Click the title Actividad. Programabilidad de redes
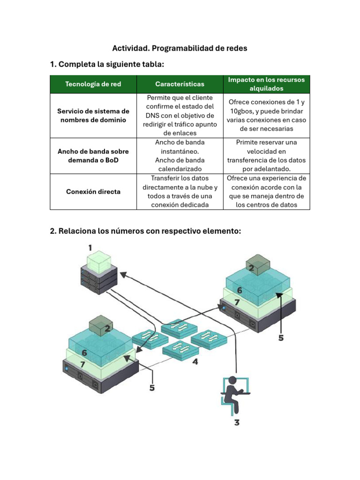pyautogui.click(x=180, y=48)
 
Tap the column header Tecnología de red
pyautogui.click(x=93, y=84)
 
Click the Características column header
pyautogui.click(x=180, y=84)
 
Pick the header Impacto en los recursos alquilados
pyautogui.click(x=266, y=84)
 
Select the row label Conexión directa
pyautogui.click(x=93, y=191)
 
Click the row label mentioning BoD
pyautogui.click(x=93, y=156)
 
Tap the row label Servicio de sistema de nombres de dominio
pyautogui.click(x=93, y=115)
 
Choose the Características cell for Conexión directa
pyautogui.click(x=180, y=191)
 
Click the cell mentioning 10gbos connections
pyautogui.click(x=266, y=115)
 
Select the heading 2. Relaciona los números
pyautogui.click(x=145, y=231)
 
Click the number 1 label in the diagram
pyautogui.click(x=90, y=247)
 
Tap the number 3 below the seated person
pyautogui.click(x=237, y=422)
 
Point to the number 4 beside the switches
pyautogui.click(x=195, y=362)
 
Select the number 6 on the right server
pyautogui.click(x=239, y=291)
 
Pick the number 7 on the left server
pyautogui.click(x=82, y=364)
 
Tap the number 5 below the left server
pyautogui.click(x=152, y=388)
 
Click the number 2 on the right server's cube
pyautogui.click(x=251, y=268)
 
